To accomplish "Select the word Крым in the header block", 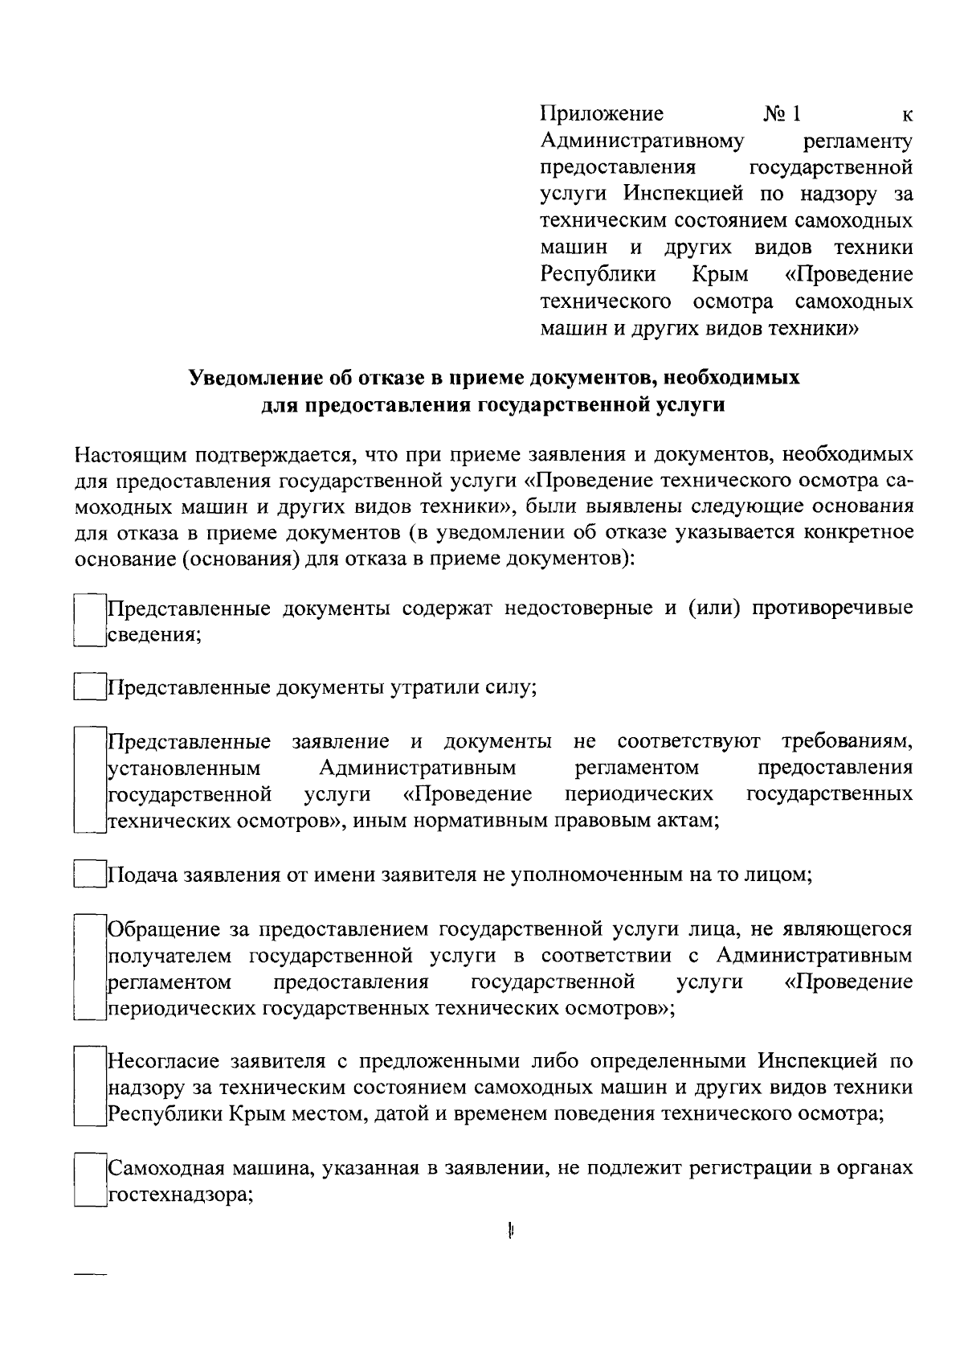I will [720, 275].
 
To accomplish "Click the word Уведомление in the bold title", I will [253, 377].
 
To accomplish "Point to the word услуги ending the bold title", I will [689, 404].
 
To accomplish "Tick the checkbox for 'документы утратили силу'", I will [89, 688].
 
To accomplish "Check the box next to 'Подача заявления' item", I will [89, 875].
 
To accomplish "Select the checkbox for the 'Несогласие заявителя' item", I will [89, 1087].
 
